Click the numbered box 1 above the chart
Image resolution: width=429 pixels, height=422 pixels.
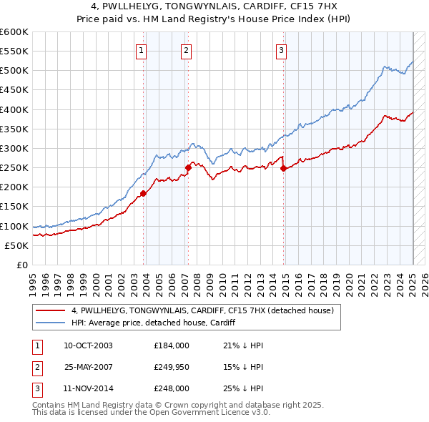[142, 50]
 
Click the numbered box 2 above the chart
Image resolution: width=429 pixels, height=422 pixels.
[186, 50]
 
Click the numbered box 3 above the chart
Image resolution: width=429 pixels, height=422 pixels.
[282, 50]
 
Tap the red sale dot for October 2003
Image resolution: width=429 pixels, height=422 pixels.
[144, 193]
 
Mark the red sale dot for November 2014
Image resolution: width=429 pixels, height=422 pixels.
[284, 169]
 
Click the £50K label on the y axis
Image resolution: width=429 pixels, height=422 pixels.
[17, 245]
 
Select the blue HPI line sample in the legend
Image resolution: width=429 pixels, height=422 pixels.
[51, 323]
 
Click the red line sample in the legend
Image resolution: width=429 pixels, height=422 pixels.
[51, 310]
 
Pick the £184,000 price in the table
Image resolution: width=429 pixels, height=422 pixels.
[172, 346]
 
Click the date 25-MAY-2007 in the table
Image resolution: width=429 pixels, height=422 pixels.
[89, 368]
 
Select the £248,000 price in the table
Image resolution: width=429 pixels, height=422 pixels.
[172, 389]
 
